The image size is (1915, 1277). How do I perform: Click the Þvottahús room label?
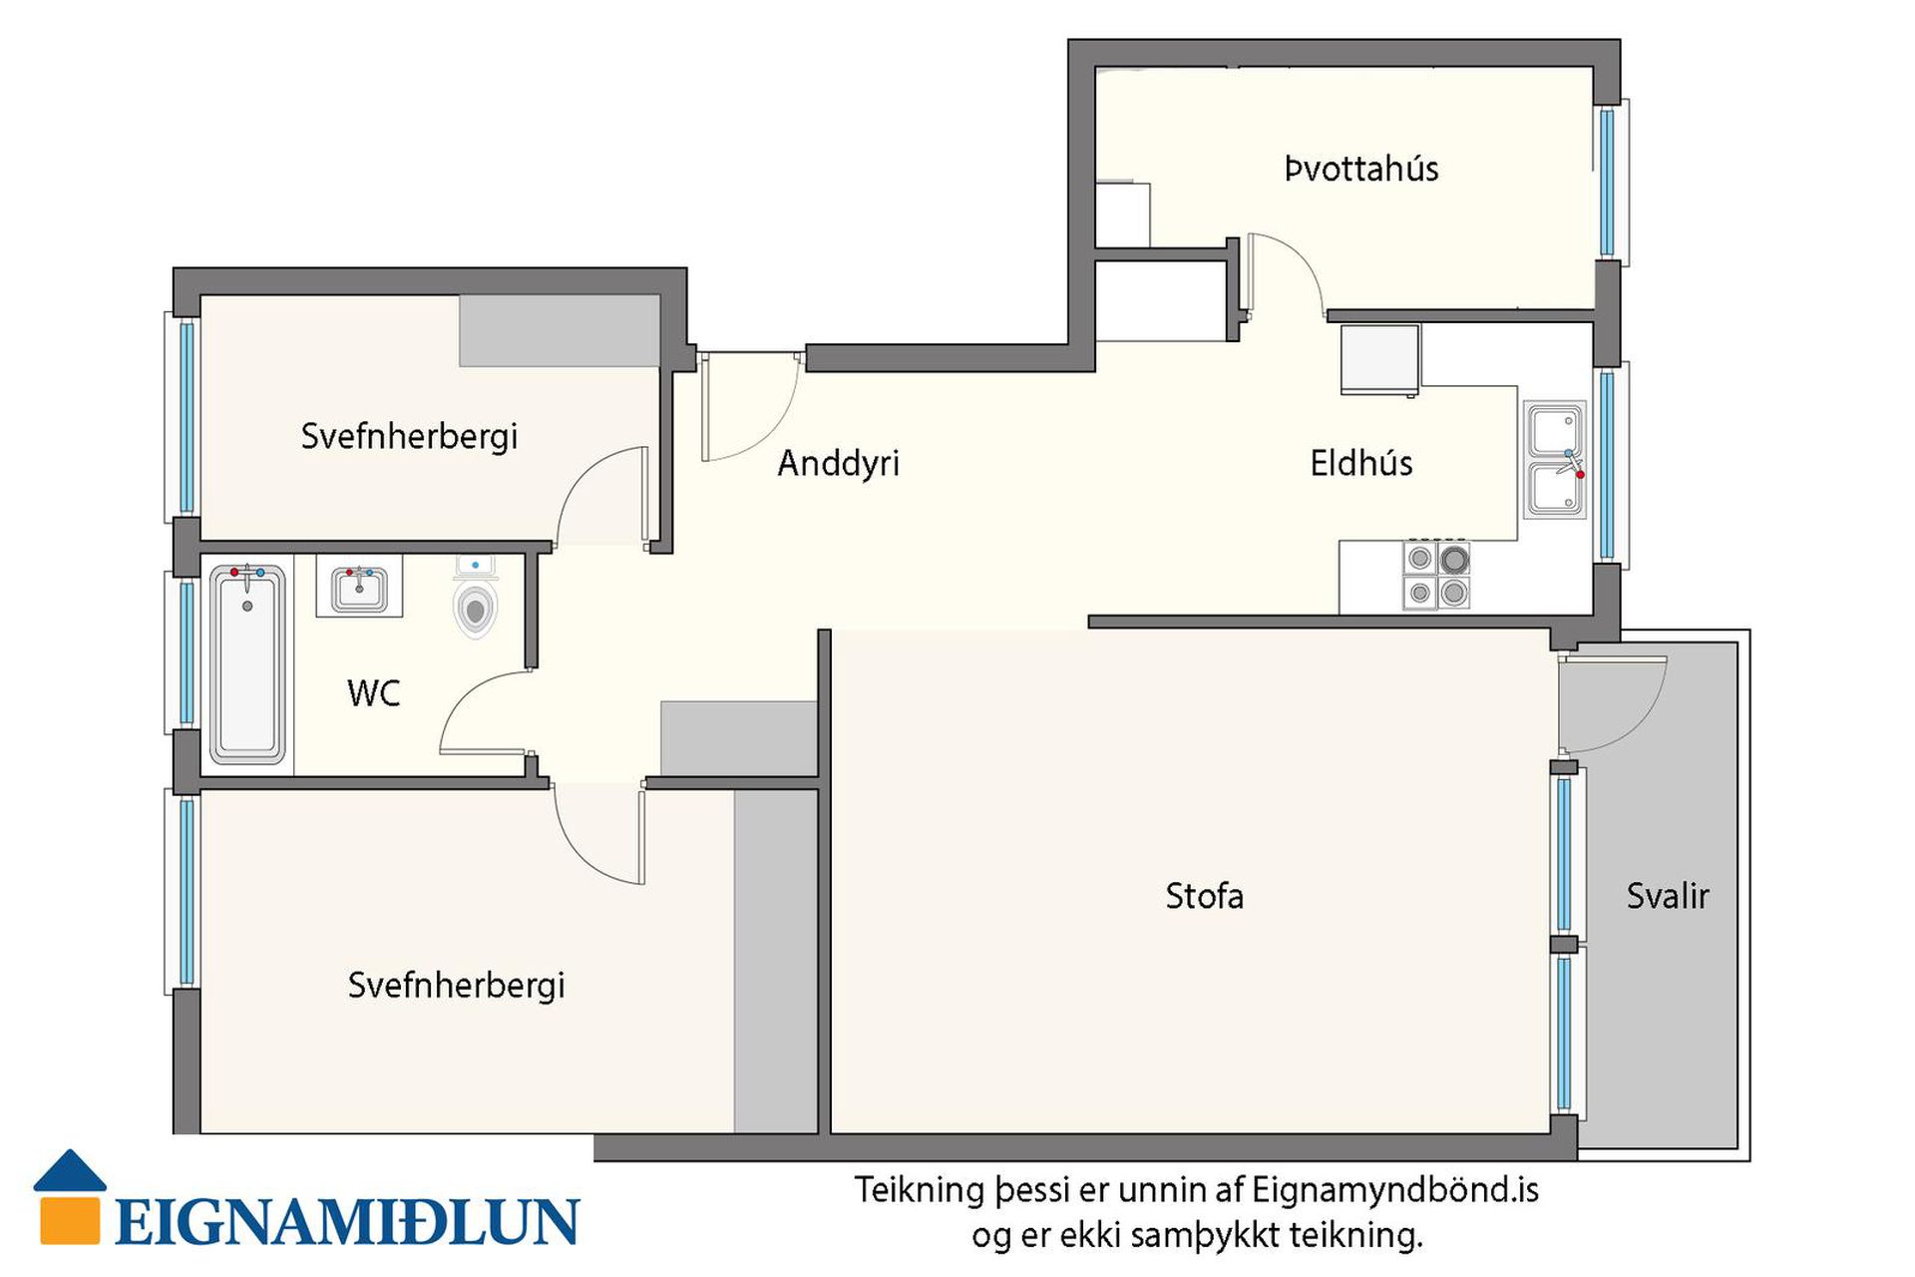(x=1361, y=169)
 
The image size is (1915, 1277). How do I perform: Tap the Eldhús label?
(x=1361, y=463)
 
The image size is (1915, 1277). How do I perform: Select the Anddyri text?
(x=838, y=464)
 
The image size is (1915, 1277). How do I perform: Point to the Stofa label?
(x=1205, y=896)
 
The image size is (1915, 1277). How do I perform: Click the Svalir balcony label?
(x=1668, y=896)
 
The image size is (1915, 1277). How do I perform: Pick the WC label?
(x=374, y=692)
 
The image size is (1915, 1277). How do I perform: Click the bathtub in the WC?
(x=247, y=664)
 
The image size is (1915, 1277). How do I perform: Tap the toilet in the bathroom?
(x=476, y=599)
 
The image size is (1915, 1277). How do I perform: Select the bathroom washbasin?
(x=359, y=588)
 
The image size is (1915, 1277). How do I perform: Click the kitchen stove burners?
(x=1437, y=574)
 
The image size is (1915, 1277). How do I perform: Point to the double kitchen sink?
(x=1554, y=460)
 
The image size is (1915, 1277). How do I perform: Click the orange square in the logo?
(x=70, y=1220)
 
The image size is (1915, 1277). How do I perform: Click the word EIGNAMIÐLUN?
(x=347, y=1222)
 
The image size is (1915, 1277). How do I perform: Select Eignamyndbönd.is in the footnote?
(x=1395, y=1190)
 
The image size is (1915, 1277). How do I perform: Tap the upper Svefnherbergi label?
(x=409, y=436)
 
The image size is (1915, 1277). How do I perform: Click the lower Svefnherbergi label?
(x=456, y=986)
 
